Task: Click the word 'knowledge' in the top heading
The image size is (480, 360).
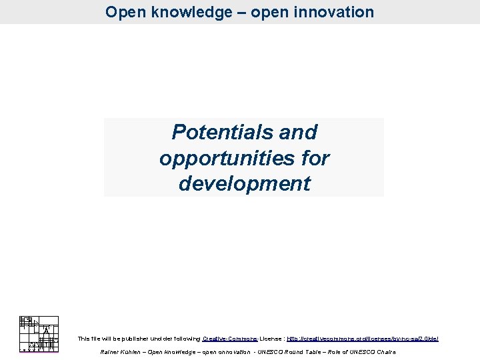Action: [x=179, y=12]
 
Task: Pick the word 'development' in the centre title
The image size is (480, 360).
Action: [x=244, y=184]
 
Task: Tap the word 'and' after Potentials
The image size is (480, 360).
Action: [x=298, y=133]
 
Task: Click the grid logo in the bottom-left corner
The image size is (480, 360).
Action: [x=39, y=333]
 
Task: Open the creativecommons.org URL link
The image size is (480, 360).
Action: [x=362, y=339]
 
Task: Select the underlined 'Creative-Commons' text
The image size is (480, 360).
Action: [x=229, y=339]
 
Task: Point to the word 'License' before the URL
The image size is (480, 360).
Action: [x=271, y=339]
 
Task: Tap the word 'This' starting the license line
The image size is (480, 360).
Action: [x=83, y=339]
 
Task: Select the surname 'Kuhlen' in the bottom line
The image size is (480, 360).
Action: [x=131, y=352]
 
